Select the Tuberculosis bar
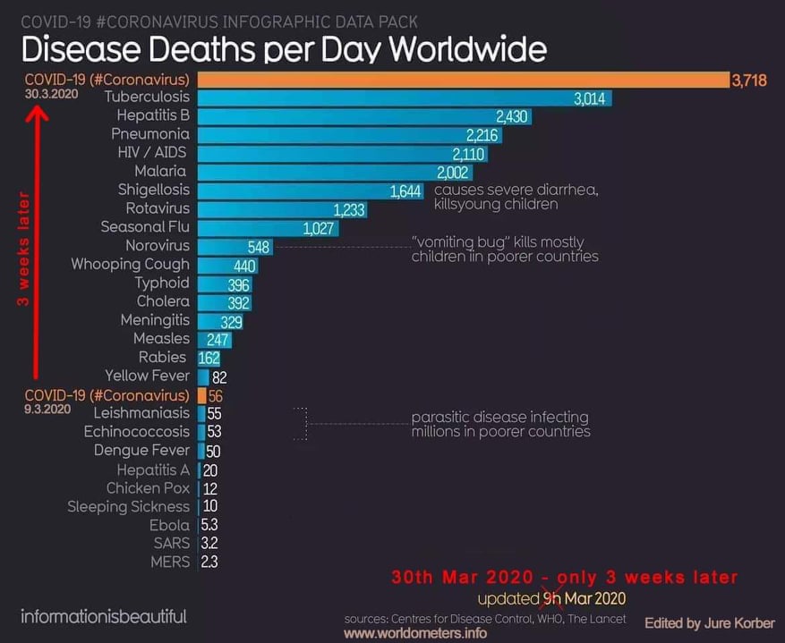pos(403,97)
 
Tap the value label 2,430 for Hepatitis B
pos(512,116)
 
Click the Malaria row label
pos(160,171)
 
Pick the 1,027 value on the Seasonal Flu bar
pos(319,228)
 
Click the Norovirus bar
pos(235,246)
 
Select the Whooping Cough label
pos(131,265)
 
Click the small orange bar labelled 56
pos(202,395)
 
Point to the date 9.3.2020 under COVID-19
pos(48,410)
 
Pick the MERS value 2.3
pos(209,562)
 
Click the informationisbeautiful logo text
pos(104,616)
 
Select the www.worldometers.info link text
pos(415,633)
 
